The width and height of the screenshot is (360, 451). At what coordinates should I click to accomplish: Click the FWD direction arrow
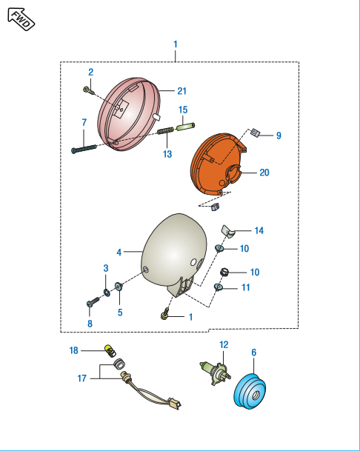click(x=21, y=19)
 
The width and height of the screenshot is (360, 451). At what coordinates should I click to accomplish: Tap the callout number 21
click(x=182, y=91)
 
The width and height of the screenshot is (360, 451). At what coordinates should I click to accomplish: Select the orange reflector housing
click(x=219, y=164)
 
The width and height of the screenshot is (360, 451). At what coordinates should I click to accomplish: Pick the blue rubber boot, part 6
click(x=250, y=390)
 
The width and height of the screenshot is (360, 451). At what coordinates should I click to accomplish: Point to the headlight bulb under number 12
click(x=216, y=373)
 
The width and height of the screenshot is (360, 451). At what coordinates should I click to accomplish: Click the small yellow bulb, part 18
click(x=110, y=351)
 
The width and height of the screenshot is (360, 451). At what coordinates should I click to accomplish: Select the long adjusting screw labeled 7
click(x=84, y=148)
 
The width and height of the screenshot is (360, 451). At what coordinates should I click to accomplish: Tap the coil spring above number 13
click(x=165, y=131)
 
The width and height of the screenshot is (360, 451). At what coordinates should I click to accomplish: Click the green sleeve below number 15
click(x=186, y=127)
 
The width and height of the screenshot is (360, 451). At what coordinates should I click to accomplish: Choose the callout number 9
click(x=279, y=136)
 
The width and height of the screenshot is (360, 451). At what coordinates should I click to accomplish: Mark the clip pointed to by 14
click(x=228, y=232)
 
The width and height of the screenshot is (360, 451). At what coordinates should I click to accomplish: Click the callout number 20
click(x=264, y=173)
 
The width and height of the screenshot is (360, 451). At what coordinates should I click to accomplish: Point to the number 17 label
click(x=82, y=378)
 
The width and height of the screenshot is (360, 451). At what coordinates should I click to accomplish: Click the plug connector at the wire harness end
click(x=174, y=403)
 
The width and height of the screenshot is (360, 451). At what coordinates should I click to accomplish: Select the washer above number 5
click(x=119, y=287)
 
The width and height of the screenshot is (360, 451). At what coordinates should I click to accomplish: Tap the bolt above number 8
click(x=93, y=302)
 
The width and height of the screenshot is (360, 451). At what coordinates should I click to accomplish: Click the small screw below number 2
click(x=89, y=90)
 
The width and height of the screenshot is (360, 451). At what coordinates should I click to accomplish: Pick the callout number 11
click(x=245, y=287)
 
